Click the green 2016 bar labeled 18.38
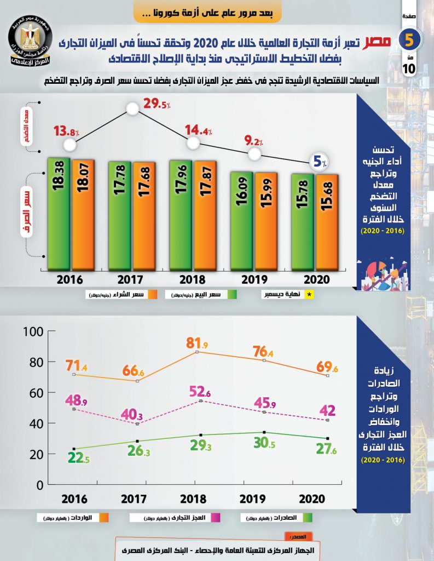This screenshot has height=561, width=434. click(x=59, y=214)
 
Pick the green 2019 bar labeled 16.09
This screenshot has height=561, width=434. click(x=242, y=221)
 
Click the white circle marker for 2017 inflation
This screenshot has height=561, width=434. click(x=133, y=108)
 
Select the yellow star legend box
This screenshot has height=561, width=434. click(x=310, y=295)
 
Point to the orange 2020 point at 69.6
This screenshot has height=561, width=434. click(x=327, y=376)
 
